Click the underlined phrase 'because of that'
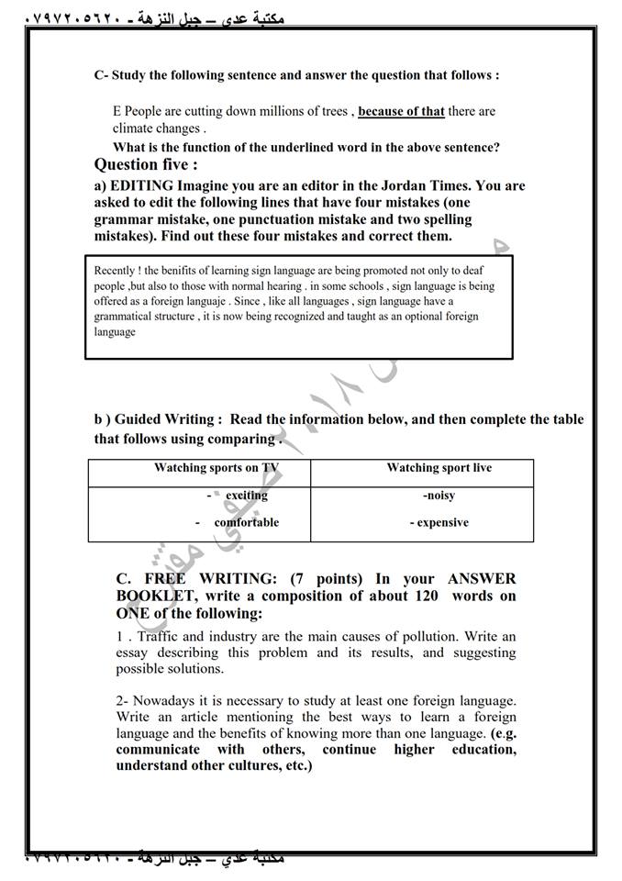click(x=401, y=112)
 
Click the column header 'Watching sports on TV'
click(x=216, y=468)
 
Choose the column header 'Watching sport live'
click(x=439, y=468)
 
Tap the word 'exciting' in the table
click(x=246, y=496)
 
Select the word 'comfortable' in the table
click(x=246, y=523)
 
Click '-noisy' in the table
click(x=439, y=496)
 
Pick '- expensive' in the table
click(x=439, y=523)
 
